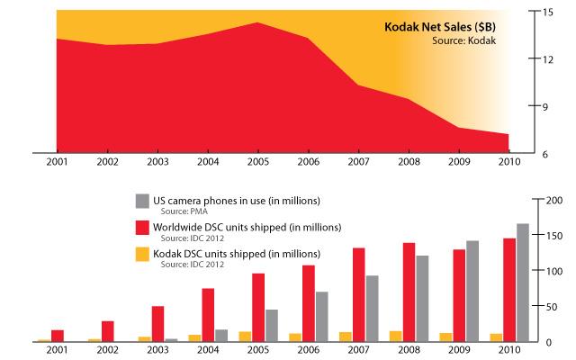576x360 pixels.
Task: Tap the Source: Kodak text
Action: coord(467,40)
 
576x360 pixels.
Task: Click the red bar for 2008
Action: coord(409,292)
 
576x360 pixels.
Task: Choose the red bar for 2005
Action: coord(258,307)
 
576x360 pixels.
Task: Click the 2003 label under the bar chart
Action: coord(158,351)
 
